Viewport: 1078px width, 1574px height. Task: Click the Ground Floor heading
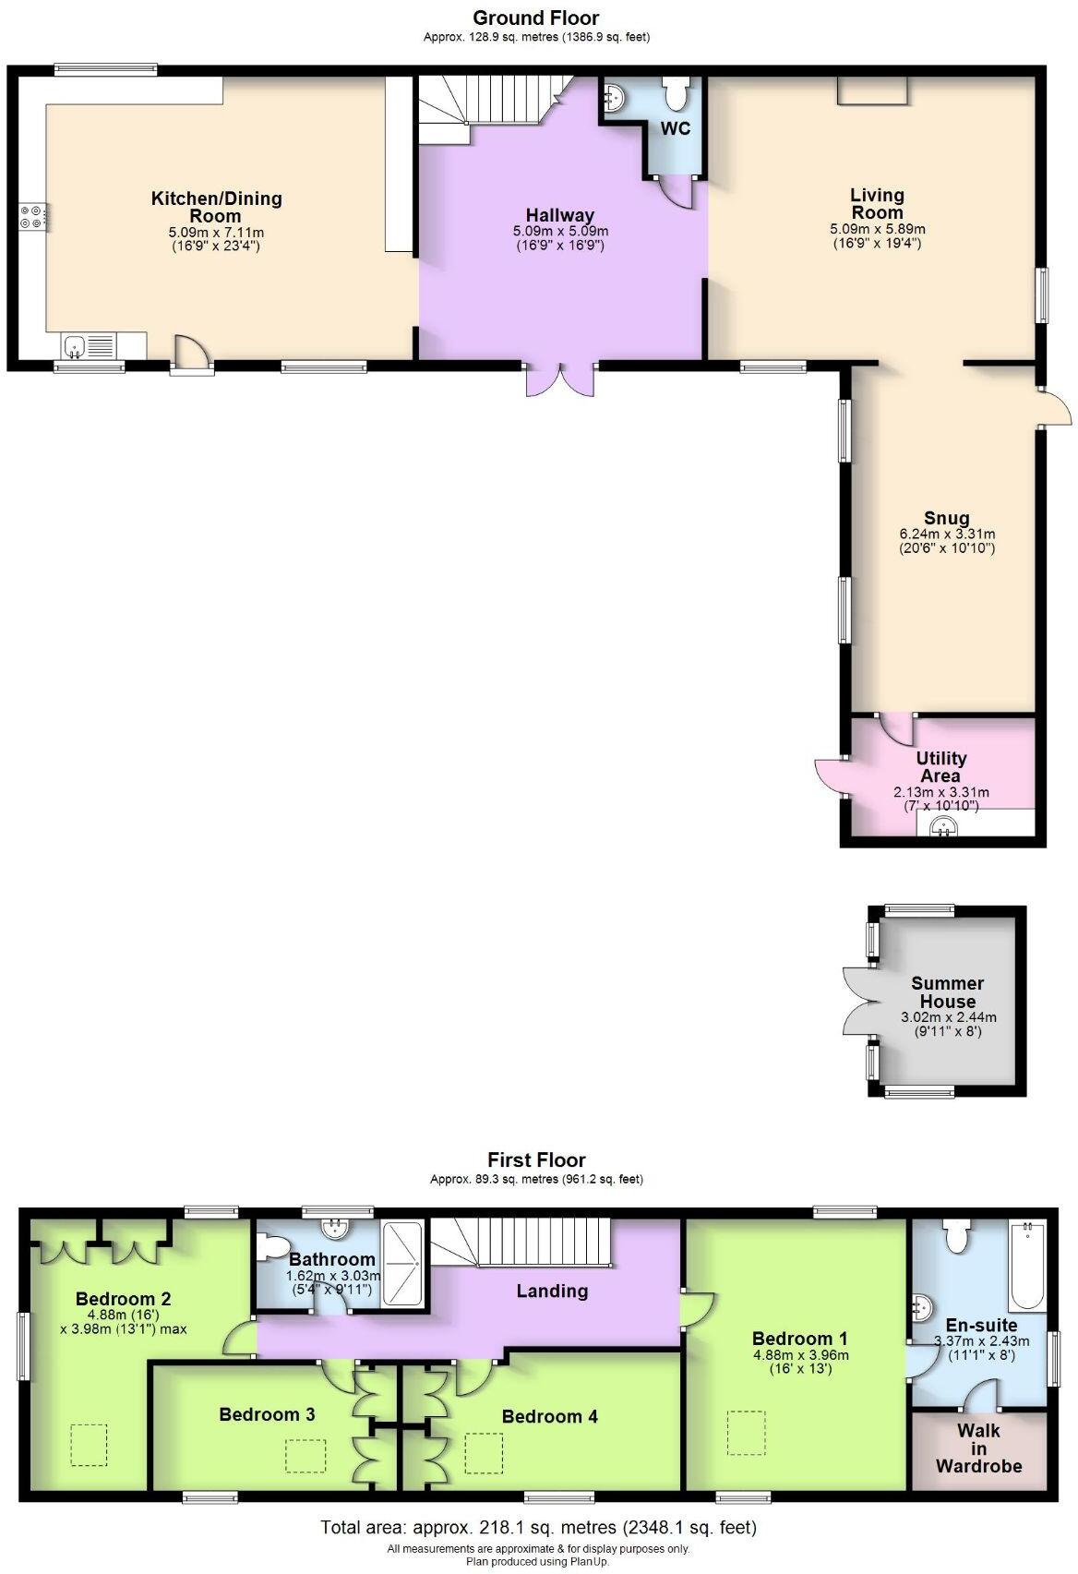pyautogui.click(x=535, y=18)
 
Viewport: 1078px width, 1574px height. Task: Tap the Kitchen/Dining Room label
pyautogui.click(x=216, y=206)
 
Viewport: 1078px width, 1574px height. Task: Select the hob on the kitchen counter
pyautogui.click(x=34, y=216)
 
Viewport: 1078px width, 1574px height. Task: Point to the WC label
pyautogui.click(x=675, y=128)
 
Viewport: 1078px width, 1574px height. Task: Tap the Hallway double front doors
pyautogui.click(x=559, y=378)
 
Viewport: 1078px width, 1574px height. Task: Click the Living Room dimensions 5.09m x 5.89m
pyautogui.click(x=876, y=229)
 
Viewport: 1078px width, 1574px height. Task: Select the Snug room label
pyautogui.click(x=946, y=517)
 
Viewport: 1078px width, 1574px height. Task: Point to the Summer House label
pyautogui.click(x=947, y=991)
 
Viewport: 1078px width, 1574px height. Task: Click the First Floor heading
pyautogui.click(x=536, y=1159)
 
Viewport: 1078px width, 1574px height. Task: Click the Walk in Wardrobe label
pyautogui.click(x=978, y=1448)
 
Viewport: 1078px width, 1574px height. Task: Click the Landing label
pyautogui.click(x=552, y=1290)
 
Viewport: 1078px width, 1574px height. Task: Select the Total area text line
pyautogui.click(x=538, y=1527)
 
